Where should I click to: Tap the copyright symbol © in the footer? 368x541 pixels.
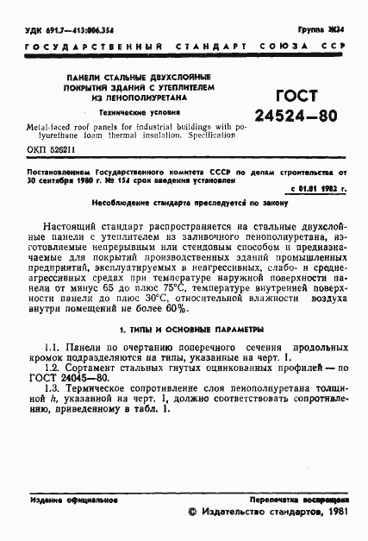coord(191,513)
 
